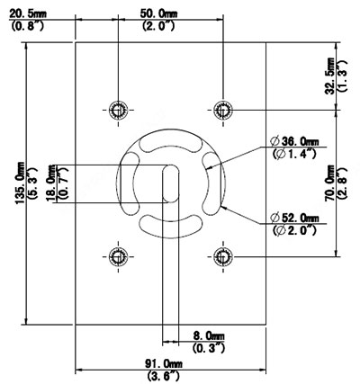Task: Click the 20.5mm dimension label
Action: tap(28, 13)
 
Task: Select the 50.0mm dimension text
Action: tap(158, 13)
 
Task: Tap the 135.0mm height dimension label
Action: tap(22, 183)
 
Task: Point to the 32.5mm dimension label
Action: tap(330, 76)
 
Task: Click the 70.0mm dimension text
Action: tap(330, 183)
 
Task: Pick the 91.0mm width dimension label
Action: tap(164, 364)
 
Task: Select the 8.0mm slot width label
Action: tap(209, 335)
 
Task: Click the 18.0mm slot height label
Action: tap(51, 183)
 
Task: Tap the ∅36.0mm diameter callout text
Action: tap(294, 141)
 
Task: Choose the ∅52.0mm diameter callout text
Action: tap(294, 218)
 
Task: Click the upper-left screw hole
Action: tap(118, 110)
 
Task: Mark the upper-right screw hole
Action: tap(223, 110)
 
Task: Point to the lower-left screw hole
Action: tap(118, 256)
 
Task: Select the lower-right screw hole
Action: tap(223, 256)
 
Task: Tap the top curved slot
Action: tap(171, 142)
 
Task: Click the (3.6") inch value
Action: tap(164, 375)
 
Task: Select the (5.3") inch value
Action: tap(32, 183)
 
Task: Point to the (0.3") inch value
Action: tap(209, 348)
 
